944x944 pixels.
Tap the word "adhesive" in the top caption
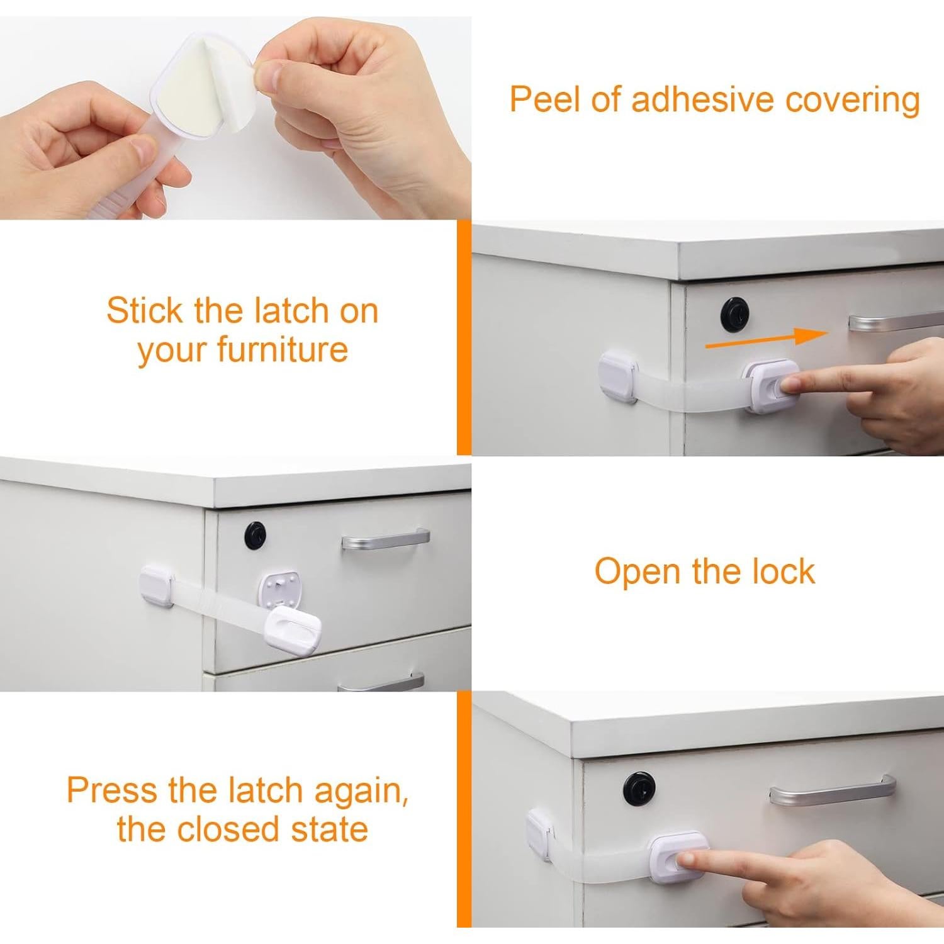[x=692, y=100]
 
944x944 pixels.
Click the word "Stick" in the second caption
[x=145, y=310]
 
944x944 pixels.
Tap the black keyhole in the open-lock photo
[x=255, y=534]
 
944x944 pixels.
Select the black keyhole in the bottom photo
[x=636, y=786]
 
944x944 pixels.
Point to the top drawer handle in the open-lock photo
[x=386, y=539]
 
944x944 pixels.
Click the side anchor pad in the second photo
[x=618, y=377]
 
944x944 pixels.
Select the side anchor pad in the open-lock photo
[x=156, y=585]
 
